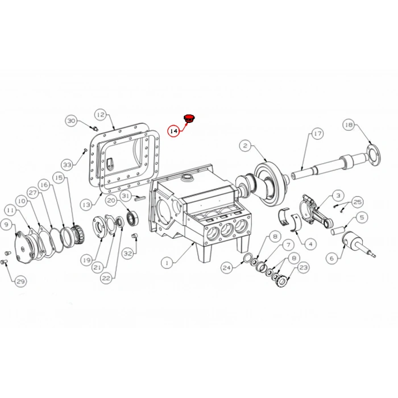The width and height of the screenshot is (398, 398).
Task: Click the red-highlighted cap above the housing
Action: (x=189, y=118)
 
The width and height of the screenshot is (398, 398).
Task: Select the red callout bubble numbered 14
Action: (x=174, y=131)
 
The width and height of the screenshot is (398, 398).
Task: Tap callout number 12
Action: (x=101, y=115)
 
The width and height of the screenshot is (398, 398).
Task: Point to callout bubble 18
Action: (x=349, y=125)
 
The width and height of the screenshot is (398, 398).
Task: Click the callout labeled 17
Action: (x=317, y=134)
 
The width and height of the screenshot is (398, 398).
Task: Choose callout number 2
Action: (x=245, y=146)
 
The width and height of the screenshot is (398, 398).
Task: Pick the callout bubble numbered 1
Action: (x=167, y=263)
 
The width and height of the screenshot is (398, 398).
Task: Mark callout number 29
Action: (x=21, y=281)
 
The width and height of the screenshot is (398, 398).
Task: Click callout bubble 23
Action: (x=303, y=268)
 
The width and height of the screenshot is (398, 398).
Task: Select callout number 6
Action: (x=332, y=258)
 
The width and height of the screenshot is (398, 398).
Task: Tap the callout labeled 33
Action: (x=67, y=165)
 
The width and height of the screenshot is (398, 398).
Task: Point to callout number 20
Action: (x=111, y=201)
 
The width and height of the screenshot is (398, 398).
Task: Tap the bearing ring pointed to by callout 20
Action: (x=132, y=218)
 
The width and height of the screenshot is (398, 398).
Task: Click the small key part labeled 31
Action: (x=139, y=198)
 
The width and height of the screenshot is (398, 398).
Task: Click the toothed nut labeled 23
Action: (x=281, y=280)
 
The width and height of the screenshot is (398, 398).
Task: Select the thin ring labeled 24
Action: (x=248, y=258)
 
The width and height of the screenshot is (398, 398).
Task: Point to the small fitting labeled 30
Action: (x=95, y=128)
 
